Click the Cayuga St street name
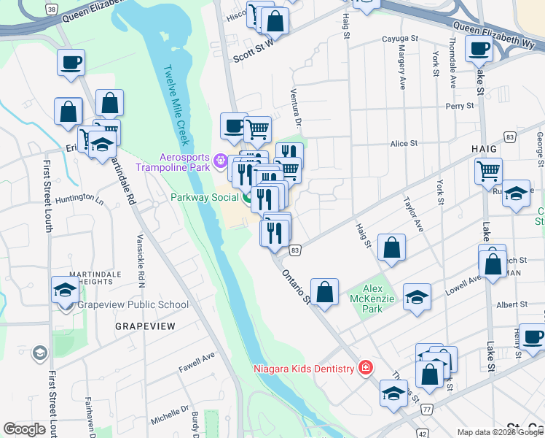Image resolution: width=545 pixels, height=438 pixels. point(400,38)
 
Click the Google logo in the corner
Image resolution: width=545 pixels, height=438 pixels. point(24,429)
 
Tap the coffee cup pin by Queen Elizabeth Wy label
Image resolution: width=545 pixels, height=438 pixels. point(479,49)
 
